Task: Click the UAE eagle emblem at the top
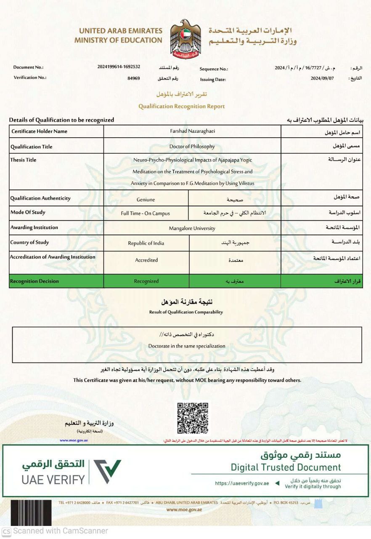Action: [185, 38]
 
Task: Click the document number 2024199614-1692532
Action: [119, 67]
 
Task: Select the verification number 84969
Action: [134, 78]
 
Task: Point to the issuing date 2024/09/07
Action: [322, 78]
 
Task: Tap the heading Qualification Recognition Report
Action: [182, 107]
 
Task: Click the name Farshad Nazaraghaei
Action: [192, 131]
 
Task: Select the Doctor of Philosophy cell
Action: [192, 147]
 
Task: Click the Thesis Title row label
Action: [24, 160]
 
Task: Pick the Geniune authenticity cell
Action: [146, 200]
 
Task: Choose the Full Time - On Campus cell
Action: [146, 213]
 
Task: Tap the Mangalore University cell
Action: [192, 228]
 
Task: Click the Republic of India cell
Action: [146, 243]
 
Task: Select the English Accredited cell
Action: [146, 260]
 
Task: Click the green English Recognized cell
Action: [146, 281]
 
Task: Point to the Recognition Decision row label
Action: [34, 281]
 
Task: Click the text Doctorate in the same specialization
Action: [187, 346]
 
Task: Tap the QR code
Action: [193, 418]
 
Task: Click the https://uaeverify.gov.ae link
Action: [242, 483]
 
